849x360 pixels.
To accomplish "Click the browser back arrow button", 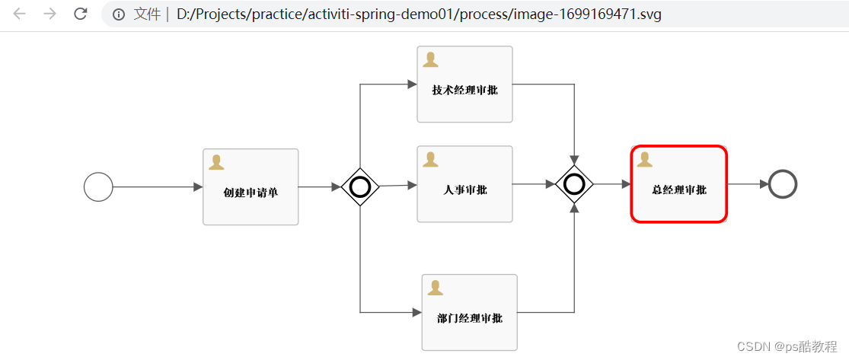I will click(x=20, y=14).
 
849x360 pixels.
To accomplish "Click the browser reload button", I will click(x=80, y=14).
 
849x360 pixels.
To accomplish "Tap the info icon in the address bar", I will click(x=119, y=14).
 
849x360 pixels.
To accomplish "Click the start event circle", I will click(x=98, y=186).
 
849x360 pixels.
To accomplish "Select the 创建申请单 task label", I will click(x=251, y=193).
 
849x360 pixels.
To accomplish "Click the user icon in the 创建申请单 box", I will click(x=216, y=162).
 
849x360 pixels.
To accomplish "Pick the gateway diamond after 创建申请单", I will click(x=360, y=186).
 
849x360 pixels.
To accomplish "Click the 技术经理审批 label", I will click(x=464, y=90).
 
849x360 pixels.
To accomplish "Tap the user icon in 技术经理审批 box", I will click(x=430, y=59).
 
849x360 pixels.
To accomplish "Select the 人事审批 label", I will click(x=464, y=190).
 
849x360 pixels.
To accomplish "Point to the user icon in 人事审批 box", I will click(x=430, y=159).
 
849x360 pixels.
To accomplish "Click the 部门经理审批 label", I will click(x=470, y=318).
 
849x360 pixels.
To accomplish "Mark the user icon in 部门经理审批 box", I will click(x=436, y=288).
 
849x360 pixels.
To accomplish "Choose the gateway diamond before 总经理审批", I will click(x=574, y=184).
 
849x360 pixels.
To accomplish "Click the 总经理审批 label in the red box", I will click(x=679, y=190).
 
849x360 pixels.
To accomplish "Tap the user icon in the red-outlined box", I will click(x=645, y=159).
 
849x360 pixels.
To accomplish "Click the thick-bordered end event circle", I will click(x=783, y=184).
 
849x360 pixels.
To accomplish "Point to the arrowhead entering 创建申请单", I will click(x=198, y=186).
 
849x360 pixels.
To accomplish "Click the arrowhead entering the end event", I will click(x=764, y=184).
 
